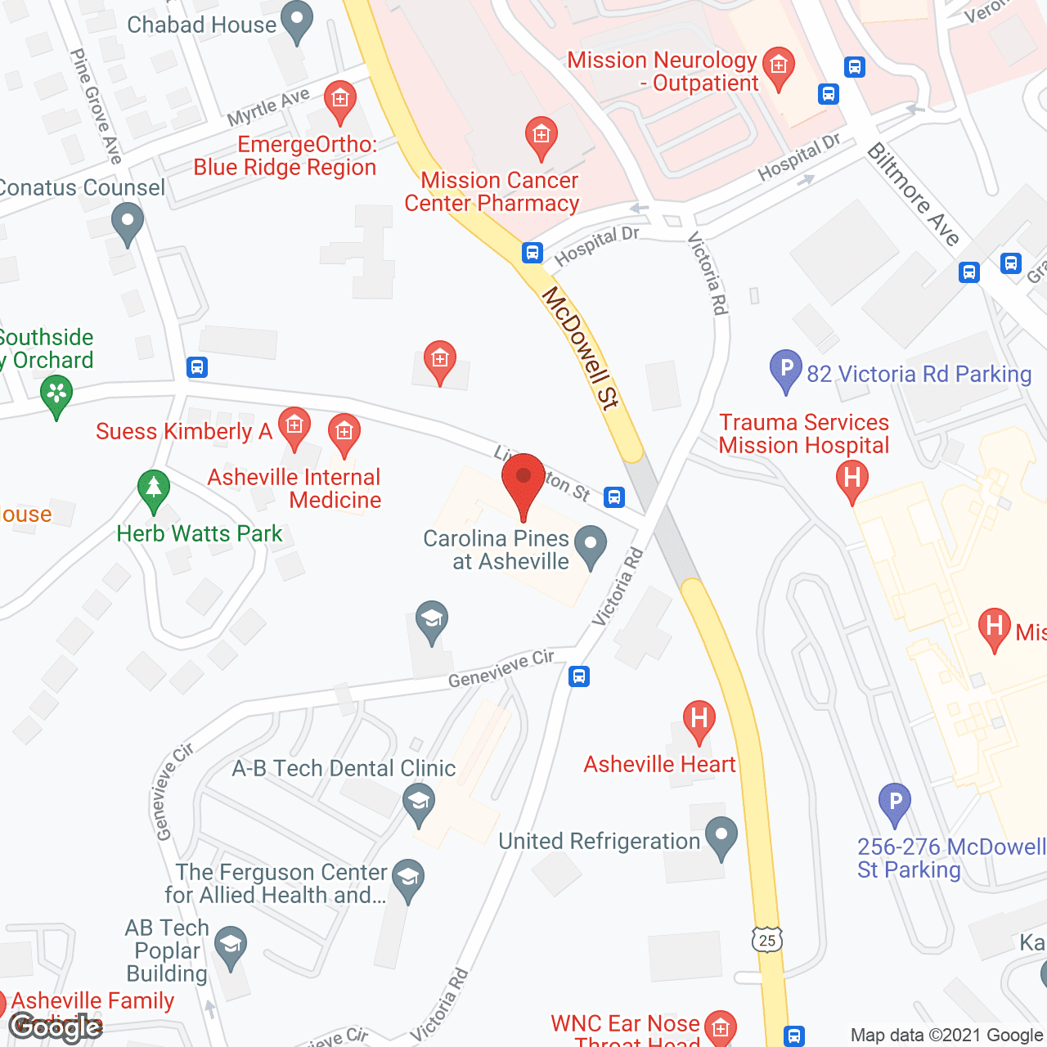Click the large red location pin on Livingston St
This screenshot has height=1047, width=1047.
point(523,483)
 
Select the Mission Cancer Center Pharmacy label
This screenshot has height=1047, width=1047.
point(492,192)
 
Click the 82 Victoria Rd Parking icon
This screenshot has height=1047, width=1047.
point(785,370)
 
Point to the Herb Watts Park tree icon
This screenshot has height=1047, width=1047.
point(153,491)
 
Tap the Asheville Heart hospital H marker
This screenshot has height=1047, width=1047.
point(699,721)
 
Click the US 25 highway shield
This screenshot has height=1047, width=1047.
point(767,940)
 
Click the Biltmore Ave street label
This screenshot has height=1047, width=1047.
point(912,194)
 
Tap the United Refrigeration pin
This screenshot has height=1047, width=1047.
point(721,837)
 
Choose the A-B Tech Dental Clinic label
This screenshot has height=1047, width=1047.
point(344,769)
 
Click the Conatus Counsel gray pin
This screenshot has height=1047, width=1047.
point(127,222)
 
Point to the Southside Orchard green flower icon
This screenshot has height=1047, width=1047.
point(56,394)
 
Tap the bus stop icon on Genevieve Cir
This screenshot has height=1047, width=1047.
point(579,676)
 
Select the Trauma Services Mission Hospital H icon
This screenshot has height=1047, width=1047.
point(852,479)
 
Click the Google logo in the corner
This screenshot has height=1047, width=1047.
point(56,1027)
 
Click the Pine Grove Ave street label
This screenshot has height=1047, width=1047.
point(96,106)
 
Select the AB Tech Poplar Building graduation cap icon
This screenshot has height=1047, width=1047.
point(231,947)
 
